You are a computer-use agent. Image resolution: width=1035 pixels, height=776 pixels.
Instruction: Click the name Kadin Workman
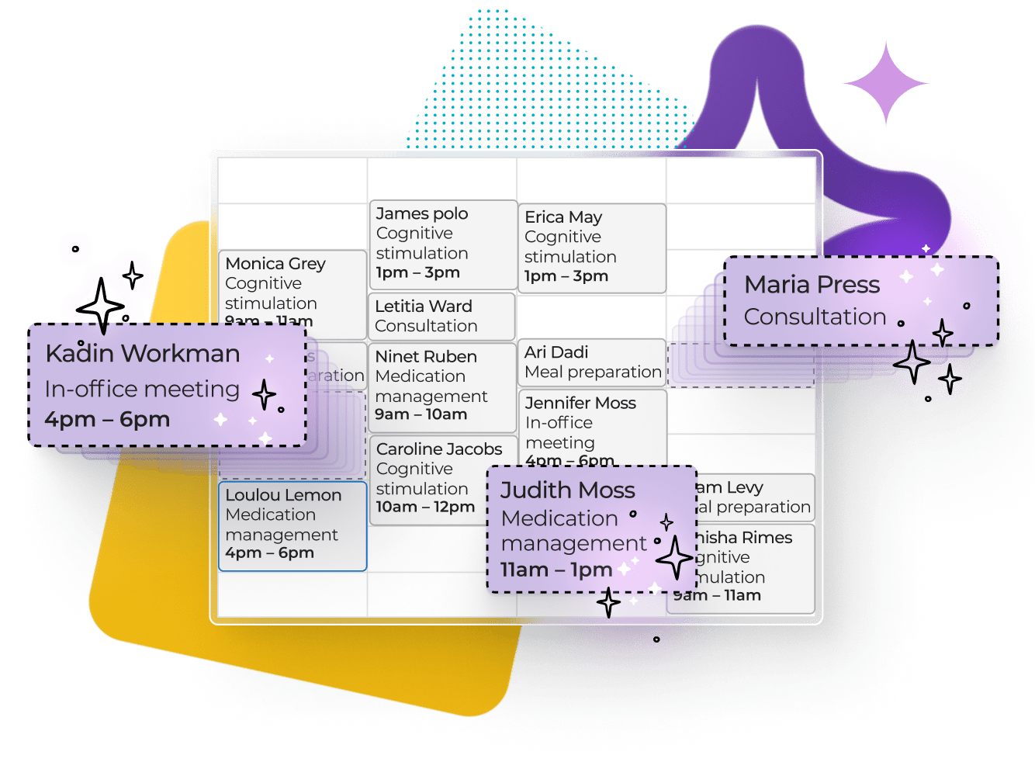[143, 354]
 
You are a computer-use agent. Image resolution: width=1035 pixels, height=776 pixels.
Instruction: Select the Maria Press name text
[812, 285]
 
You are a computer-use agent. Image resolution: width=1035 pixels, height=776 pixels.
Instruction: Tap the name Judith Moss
[567, 490]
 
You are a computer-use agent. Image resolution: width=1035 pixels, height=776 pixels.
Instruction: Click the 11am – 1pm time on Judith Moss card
[556, 570]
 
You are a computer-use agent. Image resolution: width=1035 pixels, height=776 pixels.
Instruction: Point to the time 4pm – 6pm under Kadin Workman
[107, 420]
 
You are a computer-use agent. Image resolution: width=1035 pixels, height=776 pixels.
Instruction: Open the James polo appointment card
[443, 244]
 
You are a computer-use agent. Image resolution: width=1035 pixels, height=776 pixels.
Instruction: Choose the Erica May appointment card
[591, 248]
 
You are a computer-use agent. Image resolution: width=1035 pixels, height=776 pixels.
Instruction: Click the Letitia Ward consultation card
[441, 316]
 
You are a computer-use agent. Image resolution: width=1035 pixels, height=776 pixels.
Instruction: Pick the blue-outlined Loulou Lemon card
[292, 525]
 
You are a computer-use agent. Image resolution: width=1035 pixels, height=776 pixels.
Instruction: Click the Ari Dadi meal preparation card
[592, 362]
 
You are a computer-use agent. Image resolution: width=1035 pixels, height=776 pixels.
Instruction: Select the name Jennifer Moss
[580, 403]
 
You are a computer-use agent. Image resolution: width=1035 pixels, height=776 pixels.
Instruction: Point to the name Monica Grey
[275, 264]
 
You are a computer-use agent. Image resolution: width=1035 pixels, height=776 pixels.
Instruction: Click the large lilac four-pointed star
[886, 83]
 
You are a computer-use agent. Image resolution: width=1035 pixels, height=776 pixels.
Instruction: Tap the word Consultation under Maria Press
[815, 317]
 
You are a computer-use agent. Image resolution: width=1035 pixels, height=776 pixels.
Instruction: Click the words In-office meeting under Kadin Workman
[142, 389]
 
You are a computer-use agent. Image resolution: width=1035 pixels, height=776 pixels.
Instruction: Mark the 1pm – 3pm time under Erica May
[566, 276]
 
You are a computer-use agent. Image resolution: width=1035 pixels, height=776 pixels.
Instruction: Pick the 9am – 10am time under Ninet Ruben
[421, 414]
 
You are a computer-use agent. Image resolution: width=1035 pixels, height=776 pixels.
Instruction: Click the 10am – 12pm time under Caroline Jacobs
[425, 508]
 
